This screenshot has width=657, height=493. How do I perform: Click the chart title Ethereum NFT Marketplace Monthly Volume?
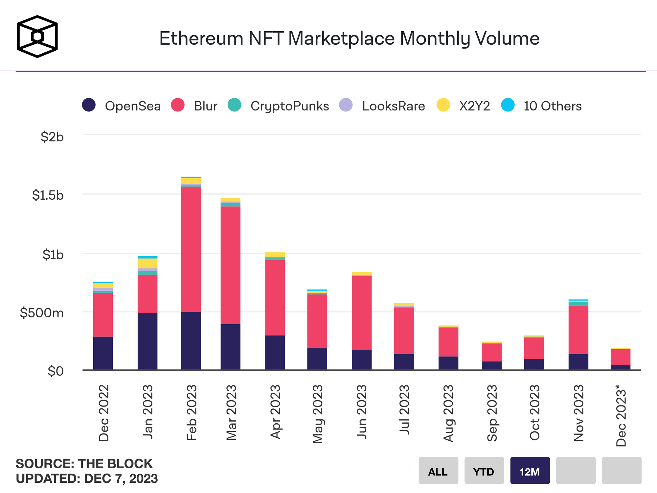(x=349, y=38)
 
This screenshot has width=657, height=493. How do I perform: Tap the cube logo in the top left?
(x=37, y=37)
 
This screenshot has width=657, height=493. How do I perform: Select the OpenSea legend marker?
(x=89, y=105)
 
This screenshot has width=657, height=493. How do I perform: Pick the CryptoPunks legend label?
(x=289, y=106)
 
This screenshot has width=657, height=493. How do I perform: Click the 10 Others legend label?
(x=552, y=106)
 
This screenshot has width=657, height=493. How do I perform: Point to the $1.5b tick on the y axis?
(x=48, y=195)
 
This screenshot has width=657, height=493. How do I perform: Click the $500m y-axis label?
(x=42, y=313)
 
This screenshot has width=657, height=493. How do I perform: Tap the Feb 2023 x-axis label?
(x=192, y=412)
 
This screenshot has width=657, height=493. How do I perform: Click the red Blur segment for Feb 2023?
(x=191, y=249)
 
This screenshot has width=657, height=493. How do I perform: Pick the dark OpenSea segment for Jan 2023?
(x=147, y=341)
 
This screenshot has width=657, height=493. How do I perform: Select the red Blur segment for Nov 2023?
(x=578, y=330)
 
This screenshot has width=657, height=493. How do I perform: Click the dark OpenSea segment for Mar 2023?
(x=230, y=347)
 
